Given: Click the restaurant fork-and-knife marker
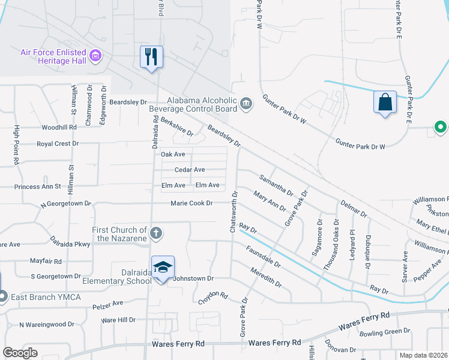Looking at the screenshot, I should pyautogui.click(x=150, y=57).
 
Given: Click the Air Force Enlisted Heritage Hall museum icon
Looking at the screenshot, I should pyautogui.click(x=95, y=57).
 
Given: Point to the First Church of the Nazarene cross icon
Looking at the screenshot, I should pyautogui.click(x=155, y=232).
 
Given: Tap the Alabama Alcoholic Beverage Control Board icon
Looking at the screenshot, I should pyautogui.click(x=246, y=104).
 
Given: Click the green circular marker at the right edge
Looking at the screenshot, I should pyautogui.click(x=440, y=127).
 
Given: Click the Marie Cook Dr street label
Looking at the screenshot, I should pyautogui.click(x=192, y=203).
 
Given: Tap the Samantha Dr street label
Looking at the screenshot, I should pyautogui.click(x=276, y=185).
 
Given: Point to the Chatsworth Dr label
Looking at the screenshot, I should pyautogui.click(x=233, y=215).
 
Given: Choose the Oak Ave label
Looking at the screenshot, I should pyautogui.click(x=173, y=154).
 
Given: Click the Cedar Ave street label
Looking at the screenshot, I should pyautogui.click(x=190, y=170).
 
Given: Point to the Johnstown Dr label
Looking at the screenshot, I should pyautogui.click(x=193, y=278).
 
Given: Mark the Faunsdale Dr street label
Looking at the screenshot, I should pyautogui.click(x=263, y=256).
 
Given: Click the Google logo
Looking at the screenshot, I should pyautogui.click(x=20, y=353).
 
